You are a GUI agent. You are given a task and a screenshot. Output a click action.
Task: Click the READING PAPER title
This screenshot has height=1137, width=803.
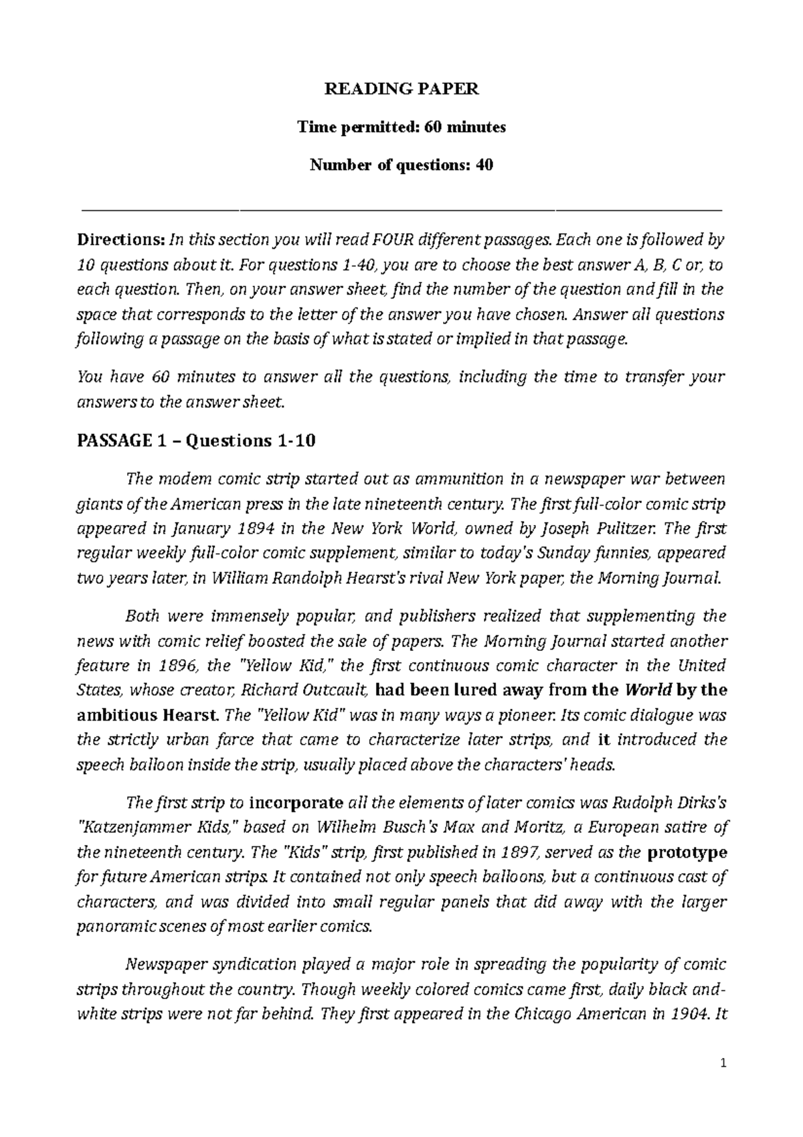(x=401, y=90)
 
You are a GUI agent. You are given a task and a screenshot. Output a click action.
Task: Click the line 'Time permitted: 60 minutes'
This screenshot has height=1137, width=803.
(x=401, y=127)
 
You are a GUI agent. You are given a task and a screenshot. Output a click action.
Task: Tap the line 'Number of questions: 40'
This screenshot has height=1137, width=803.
(x=401, y=165)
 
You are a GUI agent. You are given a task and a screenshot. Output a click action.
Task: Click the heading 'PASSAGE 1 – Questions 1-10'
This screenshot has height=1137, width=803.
(x=196, y=441)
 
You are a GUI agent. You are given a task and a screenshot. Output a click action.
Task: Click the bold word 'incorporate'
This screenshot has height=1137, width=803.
(x=296, y=802)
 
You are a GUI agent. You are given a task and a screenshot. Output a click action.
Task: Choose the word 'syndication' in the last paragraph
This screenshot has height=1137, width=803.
(x=259, y=964)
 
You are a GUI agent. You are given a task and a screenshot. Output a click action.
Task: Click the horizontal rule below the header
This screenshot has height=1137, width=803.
(x=401, y=210)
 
